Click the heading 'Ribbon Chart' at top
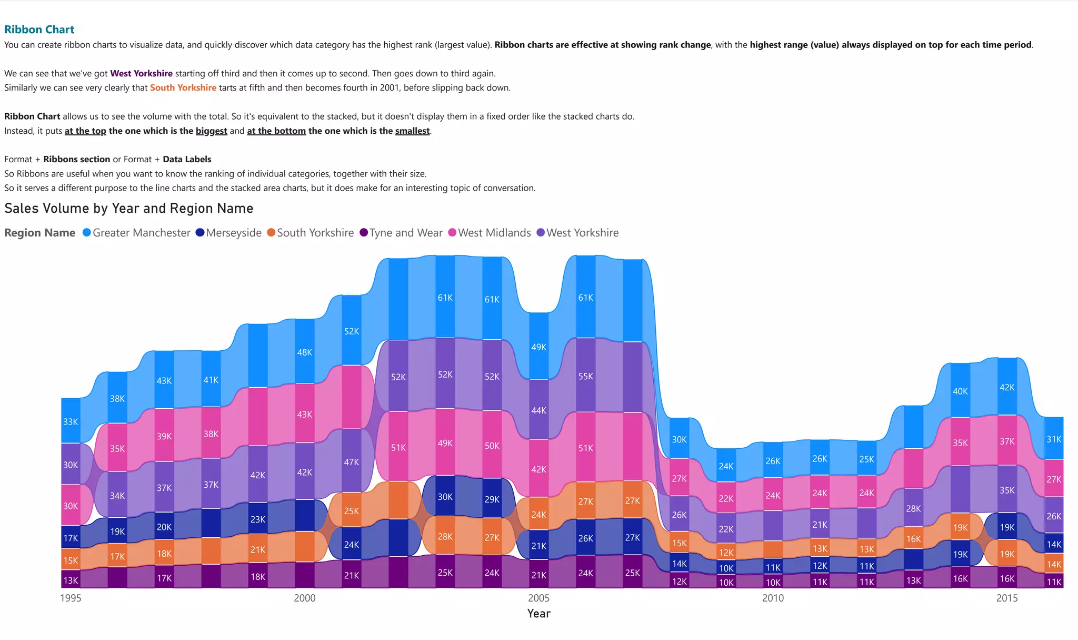tap(39, 29)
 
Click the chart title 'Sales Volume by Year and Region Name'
tap(128, 208)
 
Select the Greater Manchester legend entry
tap(136, 233)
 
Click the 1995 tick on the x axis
tap(71, 598)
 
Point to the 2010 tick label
tap(773, 598)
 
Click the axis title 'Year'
tap(538, 614)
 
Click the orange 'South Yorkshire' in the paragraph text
tap(183, 87)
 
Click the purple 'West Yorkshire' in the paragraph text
tap(141, 73)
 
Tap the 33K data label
tap(71, 422)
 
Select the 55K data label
tap(585, 377)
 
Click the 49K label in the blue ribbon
tap(538, 347)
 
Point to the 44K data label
tap(538, 410)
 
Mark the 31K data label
tap(1054, 439)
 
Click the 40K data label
tap(960, 391)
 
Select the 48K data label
tap(304, 352)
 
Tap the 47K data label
tap(351, 462)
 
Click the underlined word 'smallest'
tap(412, 131)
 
